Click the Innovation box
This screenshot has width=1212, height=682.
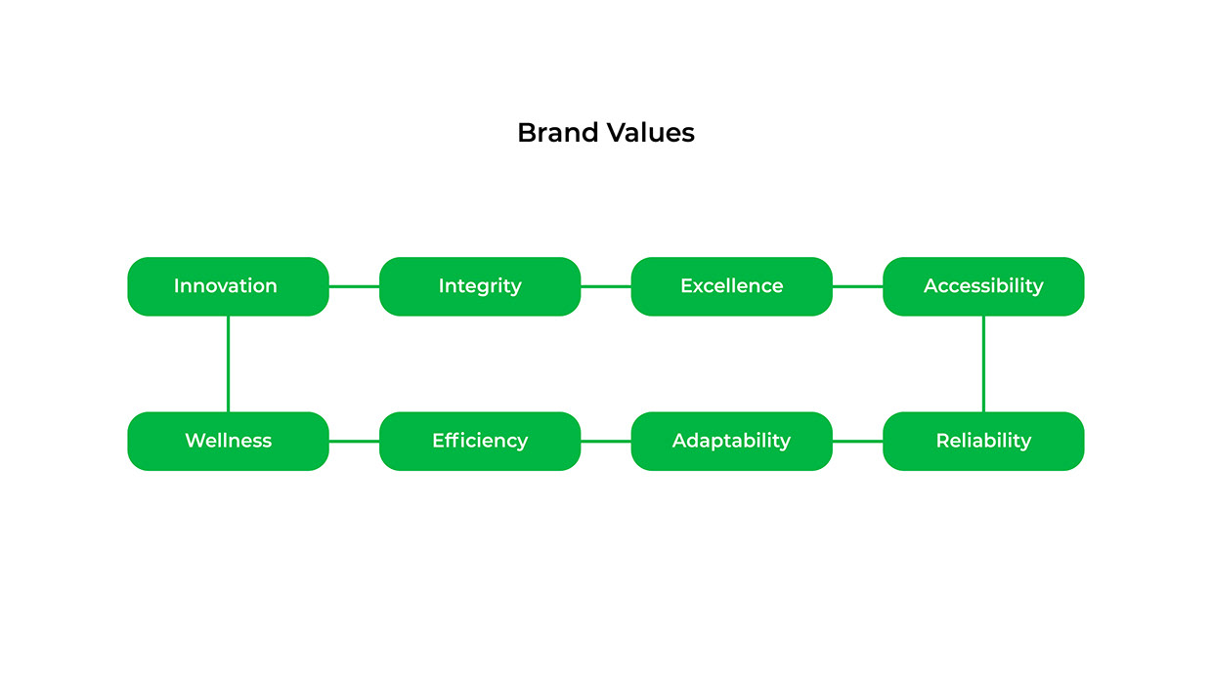pyautogui.click(x=228, y=286)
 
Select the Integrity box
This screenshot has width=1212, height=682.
pyautogui.click(x=480, y=286)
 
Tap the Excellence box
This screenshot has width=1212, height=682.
pyautogui.click(x=731, y=286)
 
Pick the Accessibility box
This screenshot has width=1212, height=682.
pyautogui.click(x=983, y=286)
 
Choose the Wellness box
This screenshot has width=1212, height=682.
pyautogui.click(x=228, y=441)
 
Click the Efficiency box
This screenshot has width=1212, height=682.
pyautogui.click(x=480, y=441)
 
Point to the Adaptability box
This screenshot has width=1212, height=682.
pyautogui.click(x=731, y=441)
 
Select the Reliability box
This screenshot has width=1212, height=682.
pyautogui.click(x=983, y=441)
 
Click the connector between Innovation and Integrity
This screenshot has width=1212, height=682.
pyautogui.click(x=354, y=286)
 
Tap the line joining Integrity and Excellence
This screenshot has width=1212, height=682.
pyautogui.click(x=606, y=286)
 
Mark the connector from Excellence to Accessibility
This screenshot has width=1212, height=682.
pyautogui.click(x=857, y=286)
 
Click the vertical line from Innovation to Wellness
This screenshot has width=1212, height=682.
pyautogui.click(x=228, y=363)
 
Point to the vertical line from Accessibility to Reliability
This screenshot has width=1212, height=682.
pyautogui.click(x=983, y=363)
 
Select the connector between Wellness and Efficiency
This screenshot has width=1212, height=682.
pyautogui.click(x=354, y=441)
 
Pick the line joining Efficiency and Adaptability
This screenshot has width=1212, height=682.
pyautogui.click(x=606, y=441)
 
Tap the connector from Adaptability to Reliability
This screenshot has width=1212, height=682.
pyautogui.click(x=857, y=441)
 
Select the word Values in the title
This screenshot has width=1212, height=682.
pyautogui.click(x=650, y=133)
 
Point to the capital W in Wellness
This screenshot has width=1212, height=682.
pyautogui.click(x=195, y=441)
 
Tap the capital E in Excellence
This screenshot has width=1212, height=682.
pyautogui.click(x=686, y=285)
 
